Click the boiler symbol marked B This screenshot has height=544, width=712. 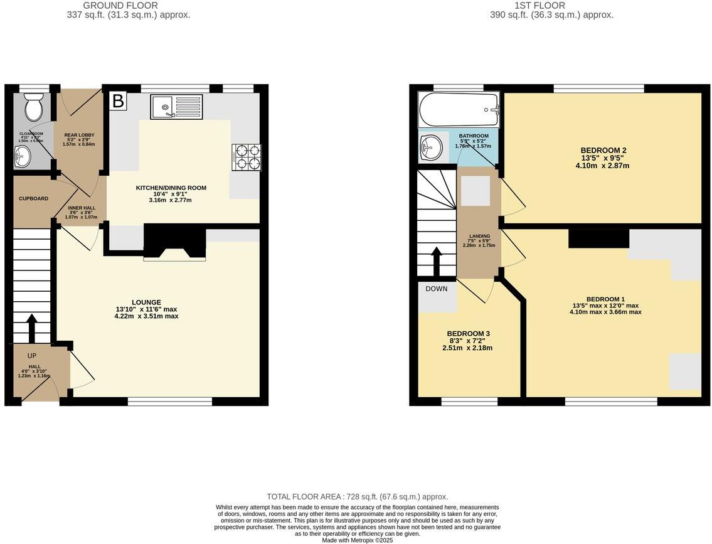point(117,101)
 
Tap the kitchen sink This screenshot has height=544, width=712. point(176,107)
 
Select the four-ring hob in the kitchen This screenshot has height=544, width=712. point(246,157)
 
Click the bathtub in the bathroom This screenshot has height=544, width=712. point(459,110)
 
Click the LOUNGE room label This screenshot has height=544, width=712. point(146,302)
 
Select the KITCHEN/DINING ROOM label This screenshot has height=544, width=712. point(171,188)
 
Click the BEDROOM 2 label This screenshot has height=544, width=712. point(603,151)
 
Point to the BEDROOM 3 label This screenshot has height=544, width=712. point(468,334)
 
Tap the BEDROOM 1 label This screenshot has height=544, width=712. point(605,299)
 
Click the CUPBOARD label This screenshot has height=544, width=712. point(33,199)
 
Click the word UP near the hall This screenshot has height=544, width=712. point(32,356)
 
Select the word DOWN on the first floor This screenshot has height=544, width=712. point(437,289)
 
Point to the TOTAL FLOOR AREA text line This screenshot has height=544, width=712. point(357,496)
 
